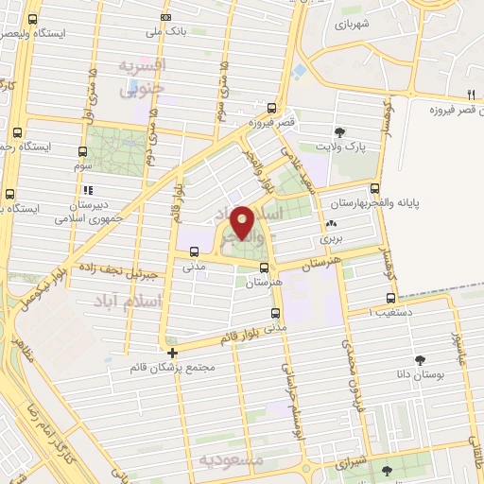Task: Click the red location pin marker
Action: click(x=242, y=221)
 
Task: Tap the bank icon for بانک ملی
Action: click(x=166, y=17)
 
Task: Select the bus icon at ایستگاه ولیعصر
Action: click(x=34, y=19)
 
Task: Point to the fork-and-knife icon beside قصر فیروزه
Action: click(x=470, y=93)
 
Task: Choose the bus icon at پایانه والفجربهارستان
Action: click(x=375, y=189)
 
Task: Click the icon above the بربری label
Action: click(x=330, y=224)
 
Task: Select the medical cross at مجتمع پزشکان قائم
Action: click(x=172, y=354)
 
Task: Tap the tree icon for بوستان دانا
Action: click(x=420, y=360)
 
